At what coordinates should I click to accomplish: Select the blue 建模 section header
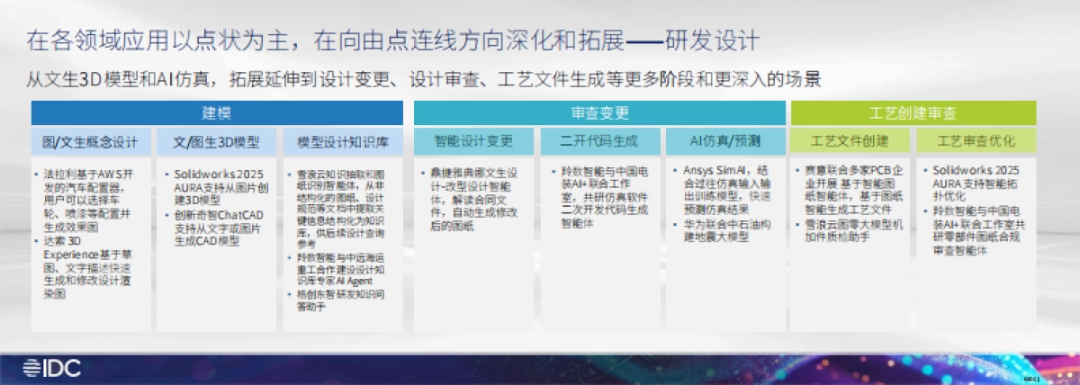[216, 113]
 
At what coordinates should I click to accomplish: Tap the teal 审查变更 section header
[599, 113]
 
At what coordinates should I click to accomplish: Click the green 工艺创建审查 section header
[913, 113]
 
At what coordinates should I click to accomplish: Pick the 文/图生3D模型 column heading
[216, 142]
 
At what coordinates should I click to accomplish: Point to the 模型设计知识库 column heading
[342, 142]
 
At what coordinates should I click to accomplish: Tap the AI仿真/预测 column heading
[724, 142]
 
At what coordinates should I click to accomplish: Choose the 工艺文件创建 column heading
[850, 142]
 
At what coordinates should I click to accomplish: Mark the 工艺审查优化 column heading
[976, 142]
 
